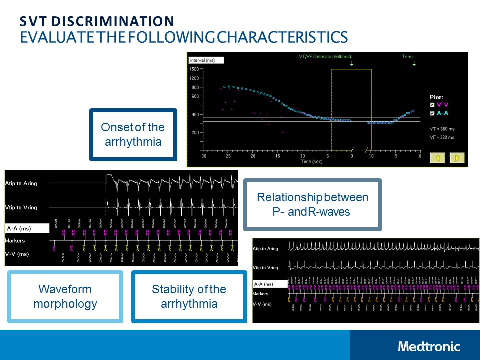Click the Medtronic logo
tap(429, 346)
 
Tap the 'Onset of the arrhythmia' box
tap(133, 135)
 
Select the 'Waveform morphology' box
tap(65, 297)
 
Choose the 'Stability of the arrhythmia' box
tap(189, 297)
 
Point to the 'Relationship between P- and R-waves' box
tap(312, 205)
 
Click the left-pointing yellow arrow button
tap(437, 158)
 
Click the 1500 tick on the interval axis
tap(195, 69)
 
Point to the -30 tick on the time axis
tap(203, 156)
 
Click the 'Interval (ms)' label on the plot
tap(202, 60)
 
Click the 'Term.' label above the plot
tap(408, 57)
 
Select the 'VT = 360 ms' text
tap(442, 128)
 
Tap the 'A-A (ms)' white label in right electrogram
tap(270, 284)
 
